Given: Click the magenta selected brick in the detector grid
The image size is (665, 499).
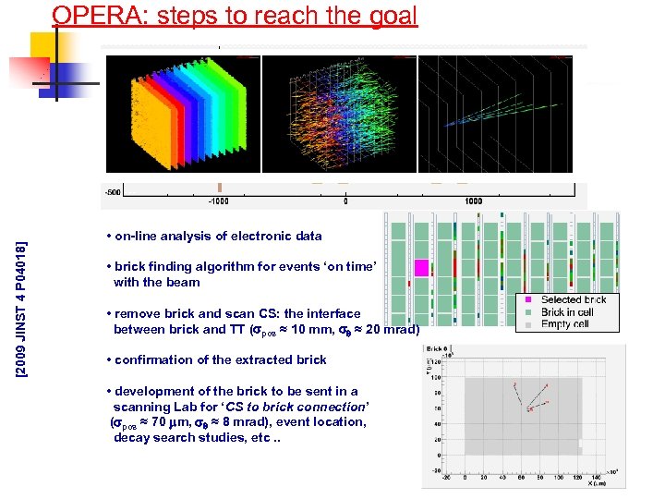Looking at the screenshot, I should (x=421, y=268).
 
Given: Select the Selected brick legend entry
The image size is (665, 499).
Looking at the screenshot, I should (x=573, y=299).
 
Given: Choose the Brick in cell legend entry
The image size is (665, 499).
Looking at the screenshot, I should (x=568, y=312).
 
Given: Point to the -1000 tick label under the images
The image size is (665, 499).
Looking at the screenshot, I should (x=219, y=201).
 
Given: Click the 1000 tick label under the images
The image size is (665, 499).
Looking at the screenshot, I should (x=474, y=201).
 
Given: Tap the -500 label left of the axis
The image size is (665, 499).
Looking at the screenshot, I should (x=112, y=192).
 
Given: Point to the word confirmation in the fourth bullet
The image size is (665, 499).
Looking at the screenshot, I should (x=160, y=359).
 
